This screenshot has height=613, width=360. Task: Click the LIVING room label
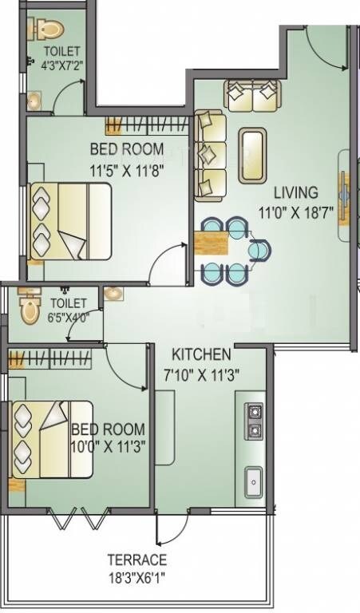pyautogui.click(x=296, y=192)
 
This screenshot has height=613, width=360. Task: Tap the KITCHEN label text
pyautogui.click(x=203, y=354)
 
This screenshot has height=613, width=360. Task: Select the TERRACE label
pyautogui.click(x=137, y=560)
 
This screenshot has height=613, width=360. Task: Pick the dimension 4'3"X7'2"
pyautogui.click(x=62, y=68)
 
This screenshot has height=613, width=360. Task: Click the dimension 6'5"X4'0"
pyautogui.click(x=69, y=317)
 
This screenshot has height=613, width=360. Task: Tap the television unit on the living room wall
pyautogui.click(x=343, y=189)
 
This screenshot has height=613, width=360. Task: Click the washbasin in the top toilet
pyautogui.click(x=35, y=101)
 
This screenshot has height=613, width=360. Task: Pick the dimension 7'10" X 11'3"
pyautogui.click(x=202, y=372)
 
